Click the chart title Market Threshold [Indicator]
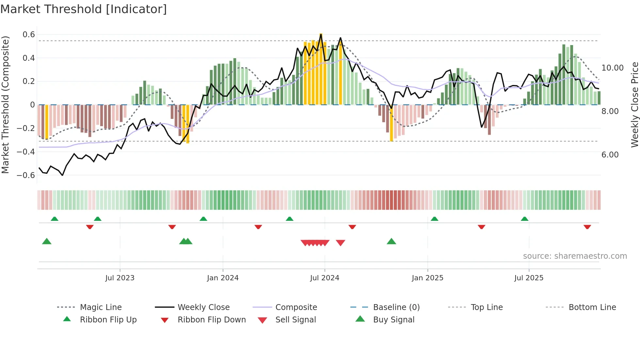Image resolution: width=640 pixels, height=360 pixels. (x=84, y=9)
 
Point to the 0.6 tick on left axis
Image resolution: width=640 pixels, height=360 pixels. (x=29, y=35)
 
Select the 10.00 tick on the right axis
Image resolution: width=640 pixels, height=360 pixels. (x=612, y=68)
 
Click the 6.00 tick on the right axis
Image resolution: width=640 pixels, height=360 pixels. (x=610, y=155)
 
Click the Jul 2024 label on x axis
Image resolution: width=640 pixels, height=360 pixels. (x=325, y=278)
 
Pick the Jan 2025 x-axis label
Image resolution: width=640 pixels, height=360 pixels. (x=427, y=278)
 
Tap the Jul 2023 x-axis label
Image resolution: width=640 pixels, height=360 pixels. (x=120, y=278)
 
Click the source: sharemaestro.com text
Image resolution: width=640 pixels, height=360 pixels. (x=575, y=256)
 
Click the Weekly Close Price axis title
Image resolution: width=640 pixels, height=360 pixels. (x=634, y=105)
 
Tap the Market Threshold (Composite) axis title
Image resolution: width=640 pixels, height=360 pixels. (x=5, y=105)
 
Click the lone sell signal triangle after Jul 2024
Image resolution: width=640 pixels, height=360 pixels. (x=341, y=243)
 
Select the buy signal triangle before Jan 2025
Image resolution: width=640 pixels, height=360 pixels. (x=391, y=242)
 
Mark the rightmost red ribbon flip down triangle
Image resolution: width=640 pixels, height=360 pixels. (x=587, y=227)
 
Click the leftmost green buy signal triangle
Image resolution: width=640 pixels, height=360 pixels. (x=47, y=242)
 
